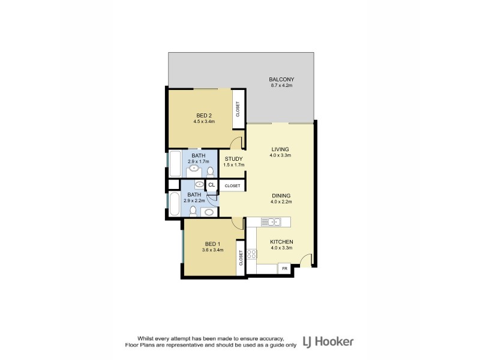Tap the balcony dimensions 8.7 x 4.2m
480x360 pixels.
[281, 86]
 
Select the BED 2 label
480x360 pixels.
[204, 115]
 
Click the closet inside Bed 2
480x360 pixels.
[238, 109]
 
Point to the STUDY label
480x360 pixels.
[233, 159]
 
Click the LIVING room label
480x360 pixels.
[280, 149]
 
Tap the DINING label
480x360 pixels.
[281, 196]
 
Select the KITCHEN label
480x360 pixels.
[281, 241]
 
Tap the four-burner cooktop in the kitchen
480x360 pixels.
[251, 254]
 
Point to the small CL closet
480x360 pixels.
[211, 184]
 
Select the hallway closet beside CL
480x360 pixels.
[233, 186]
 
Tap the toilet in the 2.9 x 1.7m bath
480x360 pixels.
[210, 172]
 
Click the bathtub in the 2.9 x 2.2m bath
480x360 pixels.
[175, 204]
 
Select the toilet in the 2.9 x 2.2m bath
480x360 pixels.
[192, 211]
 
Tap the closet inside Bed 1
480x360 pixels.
[241, 258]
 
